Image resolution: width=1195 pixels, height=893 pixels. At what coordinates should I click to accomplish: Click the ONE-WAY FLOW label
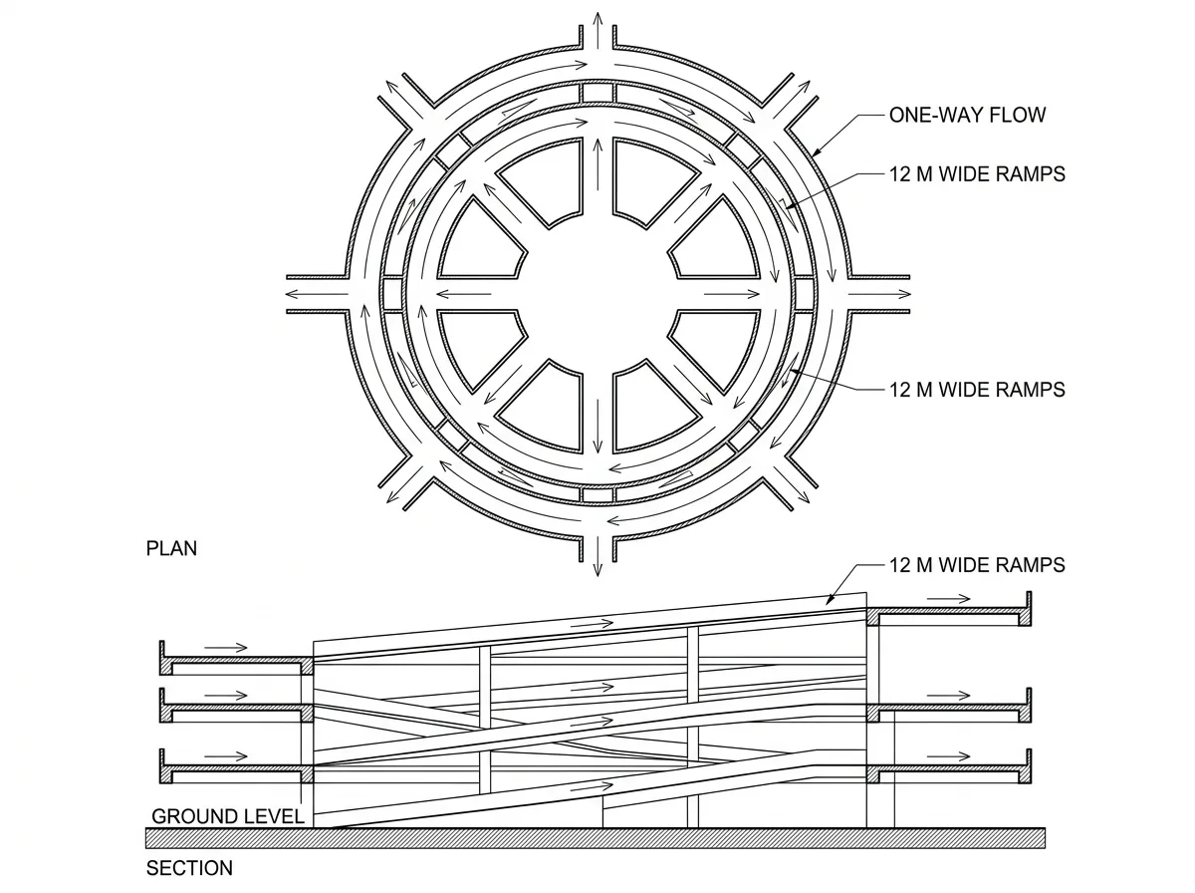[x=967, y=115]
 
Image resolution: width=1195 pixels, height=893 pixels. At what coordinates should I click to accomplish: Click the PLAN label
[x=171, y=548]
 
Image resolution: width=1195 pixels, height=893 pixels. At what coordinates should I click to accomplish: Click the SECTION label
[x=189, y=868]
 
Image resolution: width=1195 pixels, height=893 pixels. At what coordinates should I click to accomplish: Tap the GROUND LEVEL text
[x=228, y=816]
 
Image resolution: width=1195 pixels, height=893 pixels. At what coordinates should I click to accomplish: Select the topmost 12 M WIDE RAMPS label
[x=977, y=174]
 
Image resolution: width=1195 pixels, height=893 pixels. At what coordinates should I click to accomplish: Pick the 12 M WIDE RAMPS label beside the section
[x=977, y=565]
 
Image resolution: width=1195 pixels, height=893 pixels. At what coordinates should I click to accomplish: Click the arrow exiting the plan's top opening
[x=597, y=31]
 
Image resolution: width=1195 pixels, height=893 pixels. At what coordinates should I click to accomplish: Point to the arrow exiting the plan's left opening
[x=317, y=294]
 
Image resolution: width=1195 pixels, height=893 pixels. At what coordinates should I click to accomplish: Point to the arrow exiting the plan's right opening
[x=879, y=294]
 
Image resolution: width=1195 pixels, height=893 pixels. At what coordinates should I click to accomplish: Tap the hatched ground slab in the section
[x=596, y=838]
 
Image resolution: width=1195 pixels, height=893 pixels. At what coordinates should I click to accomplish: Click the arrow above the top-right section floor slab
[x=949, y=599]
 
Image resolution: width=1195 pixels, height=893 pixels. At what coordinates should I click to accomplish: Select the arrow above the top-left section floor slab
[x=226, y=648]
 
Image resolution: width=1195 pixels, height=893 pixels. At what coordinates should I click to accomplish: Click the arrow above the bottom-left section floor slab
[x=226, y=756]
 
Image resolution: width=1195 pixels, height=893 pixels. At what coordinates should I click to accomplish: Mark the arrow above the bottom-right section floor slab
[x=949, y=756]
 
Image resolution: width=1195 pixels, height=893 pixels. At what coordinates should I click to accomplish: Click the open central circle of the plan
[x=597, y=294]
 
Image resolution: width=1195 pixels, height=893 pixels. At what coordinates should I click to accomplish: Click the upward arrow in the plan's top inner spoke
[x=597, y=164]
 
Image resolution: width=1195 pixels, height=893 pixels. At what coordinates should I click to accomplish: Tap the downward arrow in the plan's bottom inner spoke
[x=597, y=426]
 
